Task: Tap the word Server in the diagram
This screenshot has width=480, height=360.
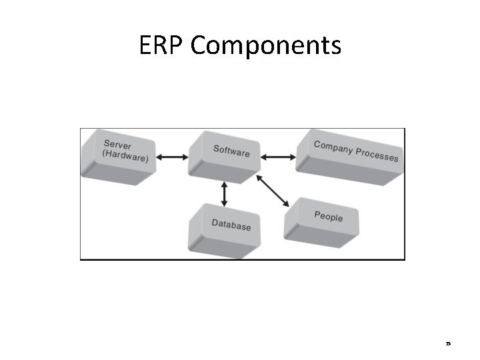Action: click(x=118, y=145)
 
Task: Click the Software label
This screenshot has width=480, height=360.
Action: click(x=231, y=151)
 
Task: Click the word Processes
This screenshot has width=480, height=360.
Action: click(x=377, y=155)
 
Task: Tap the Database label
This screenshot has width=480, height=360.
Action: click(x=231, y=225)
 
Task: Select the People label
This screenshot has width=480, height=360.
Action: click(x=328, y=217)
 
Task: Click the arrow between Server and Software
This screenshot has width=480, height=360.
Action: click(x=172, y=157)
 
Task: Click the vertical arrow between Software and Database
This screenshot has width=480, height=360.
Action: click(x=224, y=193)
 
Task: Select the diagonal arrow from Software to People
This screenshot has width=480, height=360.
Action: click(x=273, y=191)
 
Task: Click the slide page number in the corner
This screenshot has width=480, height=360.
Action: click(x=449, y=344)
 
